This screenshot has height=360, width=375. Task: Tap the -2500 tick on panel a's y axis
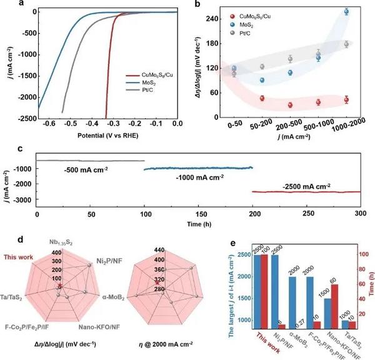click(26, 118)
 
